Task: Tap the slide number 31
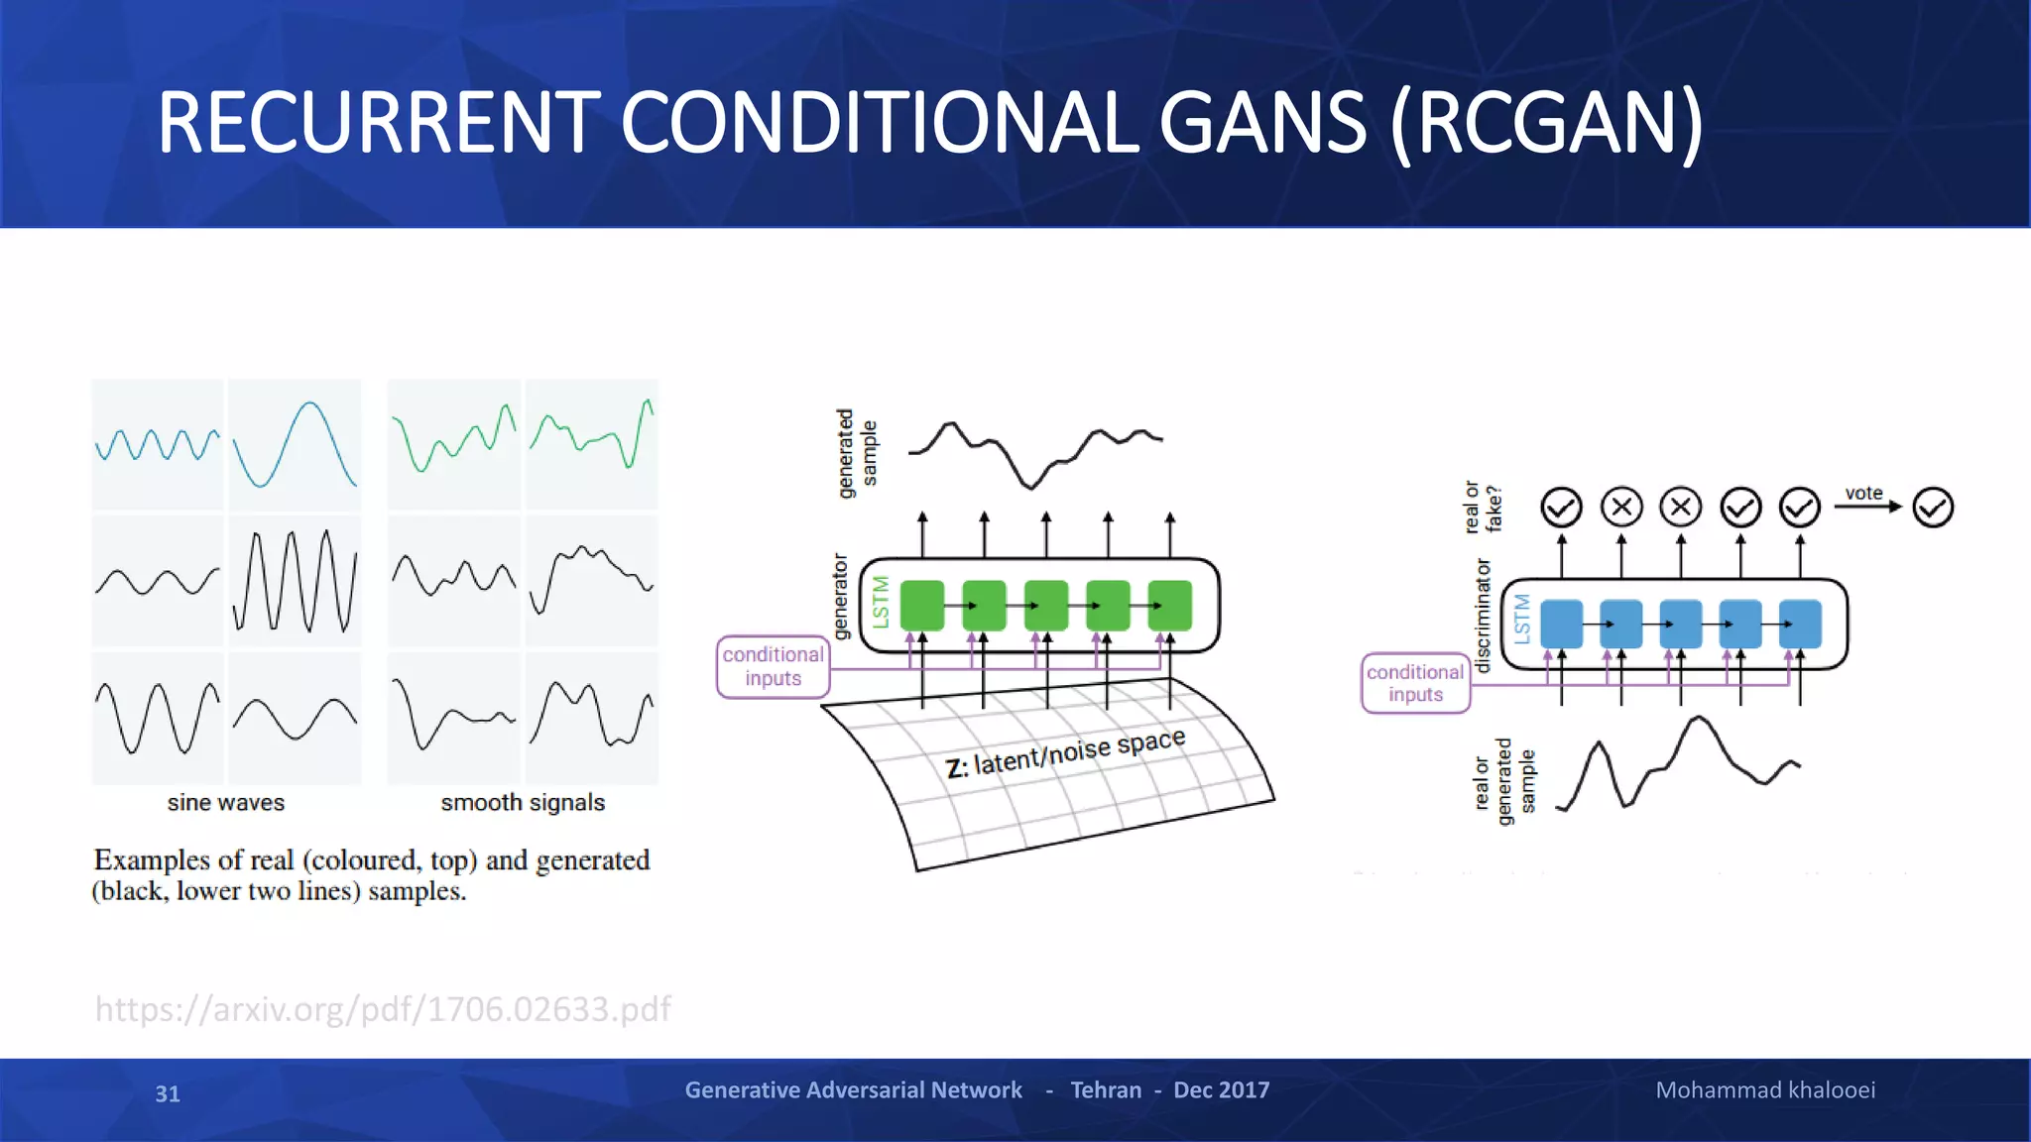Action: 168,1093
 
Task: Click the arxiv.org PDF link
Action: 383,1008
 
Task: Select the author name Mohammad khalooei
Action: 1765,1089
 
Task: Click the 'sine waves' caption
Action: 226,802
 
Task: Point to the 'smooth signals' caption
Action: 523,802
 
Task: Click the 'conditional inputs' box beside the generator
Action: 773,666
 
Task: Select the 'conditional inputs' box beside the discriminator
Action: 1415,683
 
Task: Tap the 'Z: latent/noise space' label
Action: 1065,754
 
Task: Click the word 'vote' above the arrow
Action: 1863,493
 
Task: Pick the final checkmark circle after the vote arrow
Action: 1933,508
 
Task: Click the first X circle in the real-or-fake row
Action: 1621,508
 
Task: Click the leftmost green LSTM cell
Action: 922,605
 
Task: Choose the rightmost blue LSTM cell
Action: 1800,624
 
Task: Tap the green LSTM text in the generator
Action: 881,602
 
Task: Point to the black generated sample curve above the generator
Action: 1031,451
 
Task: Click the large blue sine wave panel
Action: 295,444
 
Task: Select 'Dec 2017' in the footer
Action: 1221,1089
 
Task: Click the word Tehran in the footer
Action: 1106,1089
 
